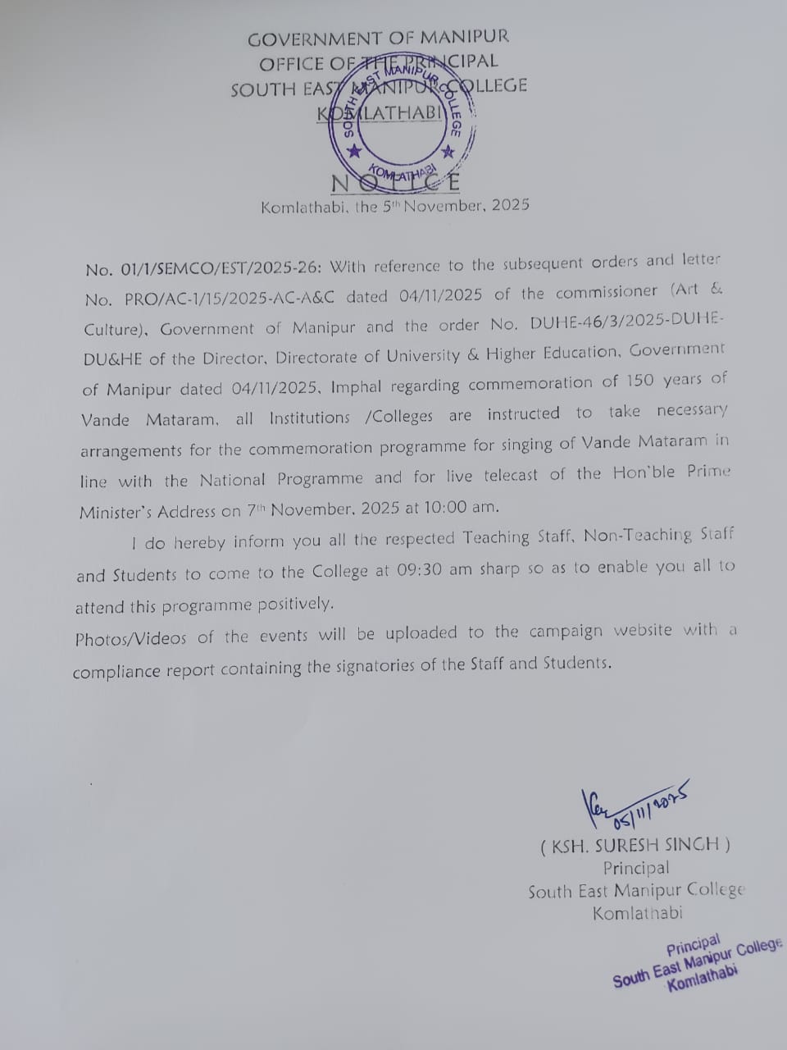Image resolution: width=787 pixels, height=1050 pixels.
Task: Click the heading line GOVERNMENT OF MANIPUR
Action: click(378, 38)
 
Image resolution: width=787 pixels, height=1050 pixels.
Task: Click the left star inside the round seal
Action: click(354, 152)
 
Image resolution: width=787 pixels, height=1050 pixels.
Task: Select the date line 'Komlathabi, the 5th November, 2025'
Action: click(394, 206)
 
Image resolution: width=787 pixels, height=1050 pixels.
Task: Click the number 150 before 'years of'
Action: click(640, 381)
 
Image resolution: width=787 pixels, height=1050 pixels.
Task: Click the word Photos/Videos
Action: click(132, 638)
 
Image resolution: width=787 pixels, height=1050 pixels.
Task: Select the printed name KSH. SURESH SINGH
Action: click(635, 845)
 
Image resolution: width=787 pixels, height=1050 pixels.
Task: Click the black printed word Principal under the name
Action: click(635, 868)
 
